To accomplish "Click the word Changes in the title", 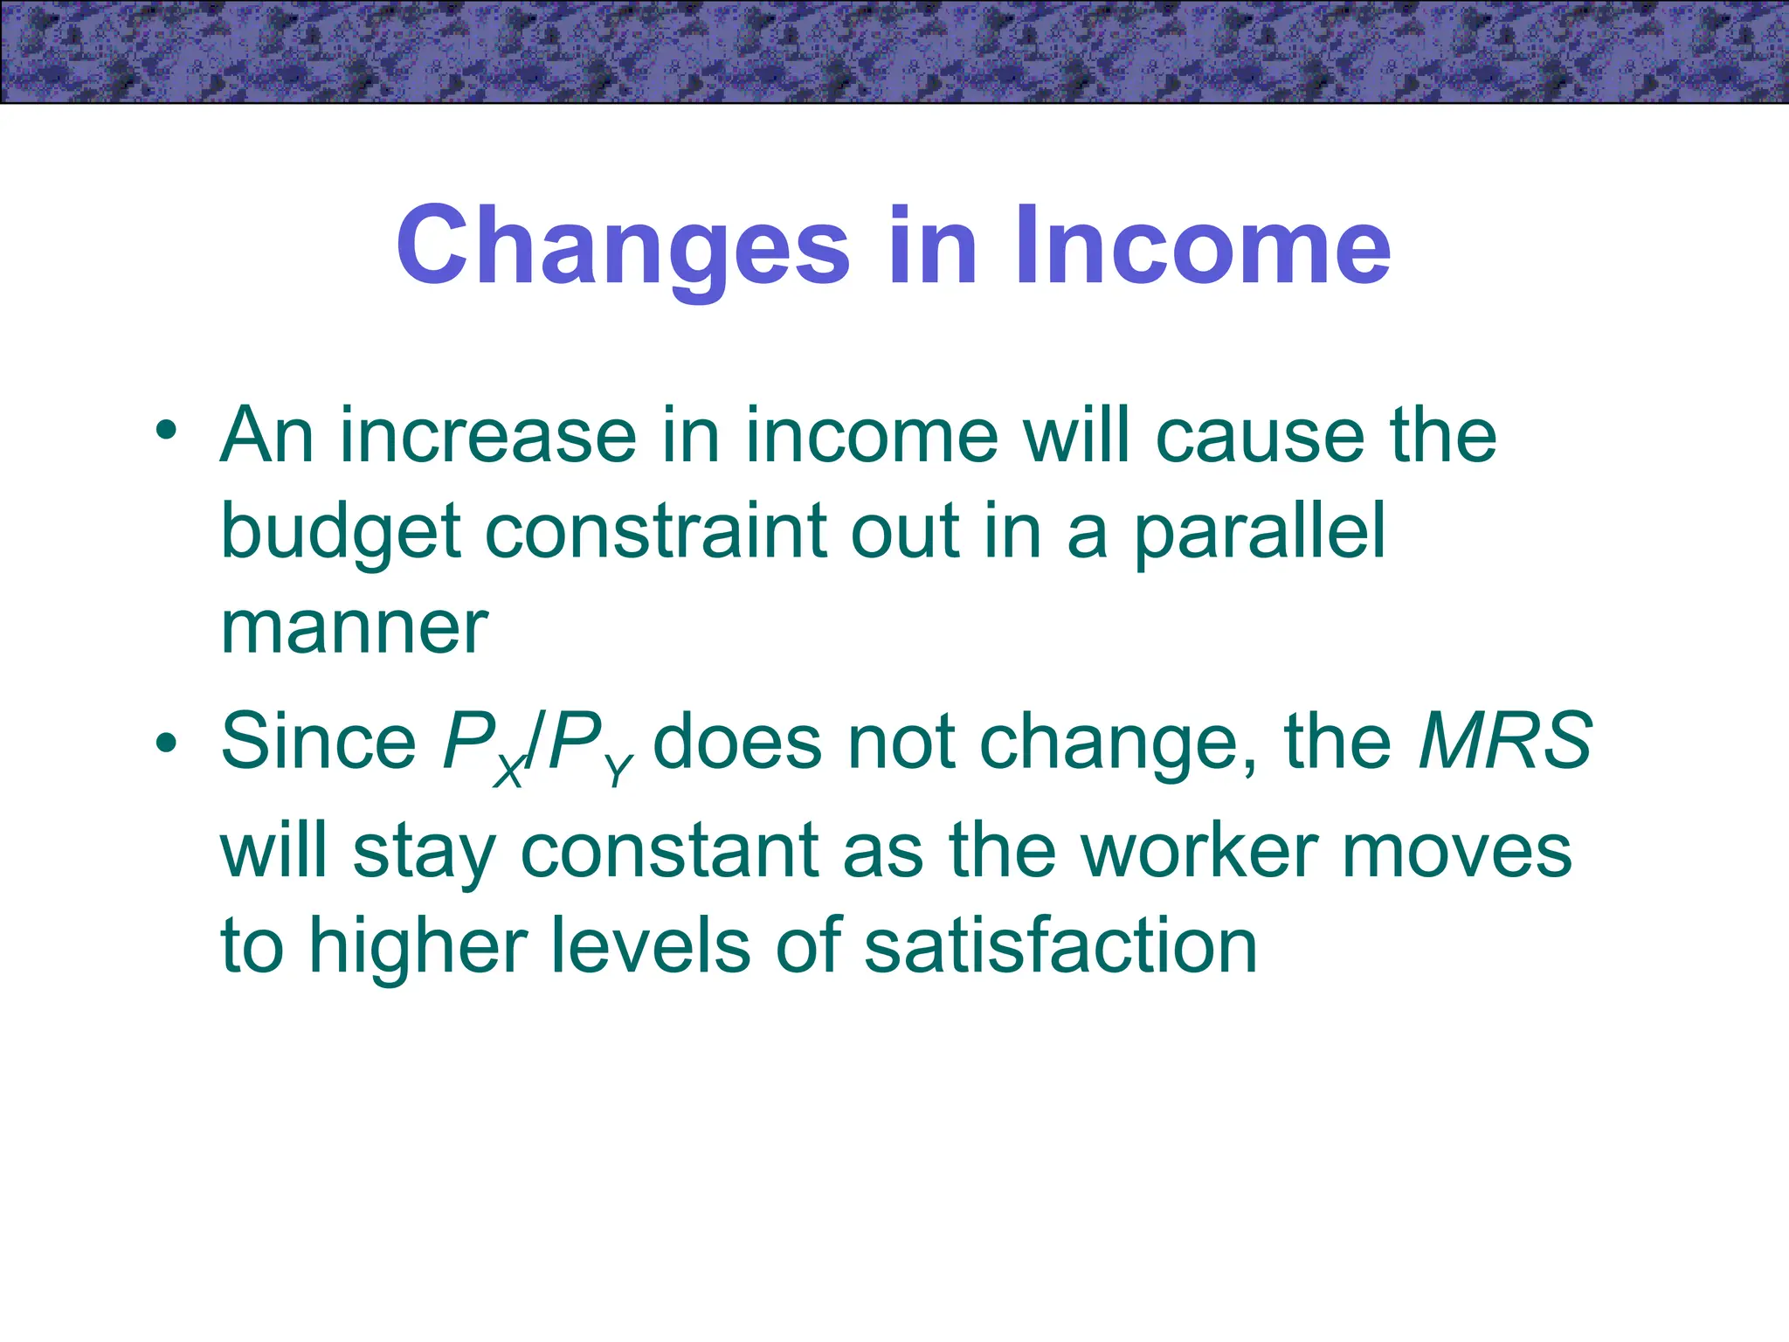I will click(x=622, y=246).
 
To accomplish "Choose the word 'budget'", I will click(x=341, y=533).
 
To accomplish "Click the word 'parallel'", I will click(x=1260, y=533).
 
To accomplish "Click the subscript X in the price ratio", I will click(x=508, y=772).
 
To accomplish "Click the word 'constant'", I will click(x=671, y=851).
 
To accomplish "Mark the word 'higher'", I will click(x=418, y=947).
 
